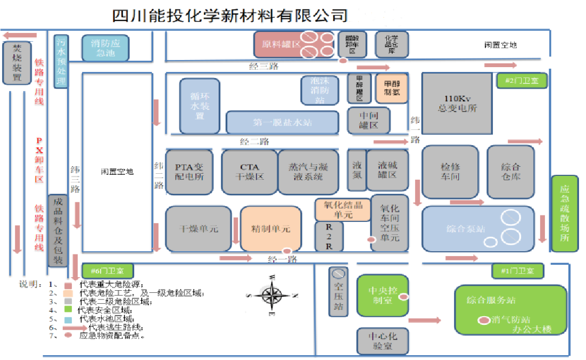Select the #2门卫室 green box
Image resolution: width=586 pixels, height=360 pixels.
(521, 81)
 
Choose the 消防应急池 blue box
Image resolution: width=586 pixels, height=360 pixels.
(106, 48)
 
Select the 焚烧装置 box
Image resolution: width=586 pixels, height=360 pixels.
(17, 63)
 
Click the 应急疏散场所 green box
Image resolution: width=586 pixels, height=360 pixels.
(565, 213)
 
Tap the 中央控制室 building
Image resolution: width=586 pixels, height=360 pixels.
(382, 296)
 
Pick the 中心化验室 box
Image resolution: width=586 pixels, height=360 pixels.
(382, 340)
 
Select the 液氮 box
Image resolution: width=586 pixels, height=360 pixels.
(357, 170)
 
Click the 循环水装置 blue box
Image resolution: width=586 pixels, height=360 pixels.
(200, 106)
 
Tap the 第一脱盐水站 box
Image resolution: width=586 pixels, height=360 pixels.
(282, 122)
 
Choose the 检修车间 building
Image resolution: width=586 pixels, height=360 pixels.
(450, 171)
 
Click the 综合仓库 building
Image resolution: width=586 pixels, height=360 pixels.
(510, 171)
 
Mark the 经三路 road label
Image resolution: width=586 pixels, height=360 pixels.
(264, 67)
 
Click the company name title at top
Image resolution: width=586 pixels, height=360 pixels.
(229, 15)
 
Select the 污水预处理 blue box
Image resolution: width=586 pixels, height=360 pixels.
(61, 61)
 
